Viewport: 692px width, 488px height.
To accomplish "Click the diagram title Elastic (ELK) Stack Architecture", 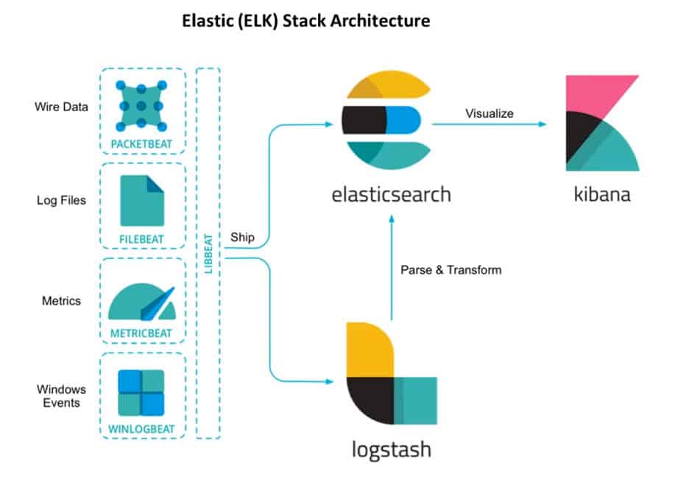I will (306, 21).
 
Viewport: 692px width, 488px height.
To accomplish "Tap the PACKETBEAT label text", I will (141, 142).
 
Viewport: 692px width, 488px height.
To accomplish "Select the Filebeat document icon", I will (141, 201).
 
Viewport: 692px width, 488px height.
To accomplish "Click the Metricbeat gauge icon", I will (141, 302).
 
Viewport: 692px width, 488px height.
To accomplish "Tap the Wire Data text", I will (61, 107).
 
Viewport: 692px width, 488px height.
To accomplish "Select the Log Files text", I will (61, 200).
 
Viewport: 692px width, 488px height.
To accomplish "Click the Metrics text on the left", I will (61, 301).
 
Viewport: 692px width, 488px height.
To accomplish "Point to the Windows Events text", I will (61, 395).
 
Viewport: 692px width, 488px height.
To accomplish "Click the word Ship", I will (242, 237).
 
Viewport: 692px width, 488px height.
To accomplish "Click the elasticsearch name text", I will (390, 195).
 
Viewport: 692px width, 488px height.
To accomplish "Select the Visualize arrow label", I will (489, 113).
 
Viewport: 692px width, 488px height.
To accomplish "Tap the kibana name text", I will (601, 195).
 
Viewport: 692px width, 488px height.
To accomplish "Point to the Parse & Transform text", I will (451, 270).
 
